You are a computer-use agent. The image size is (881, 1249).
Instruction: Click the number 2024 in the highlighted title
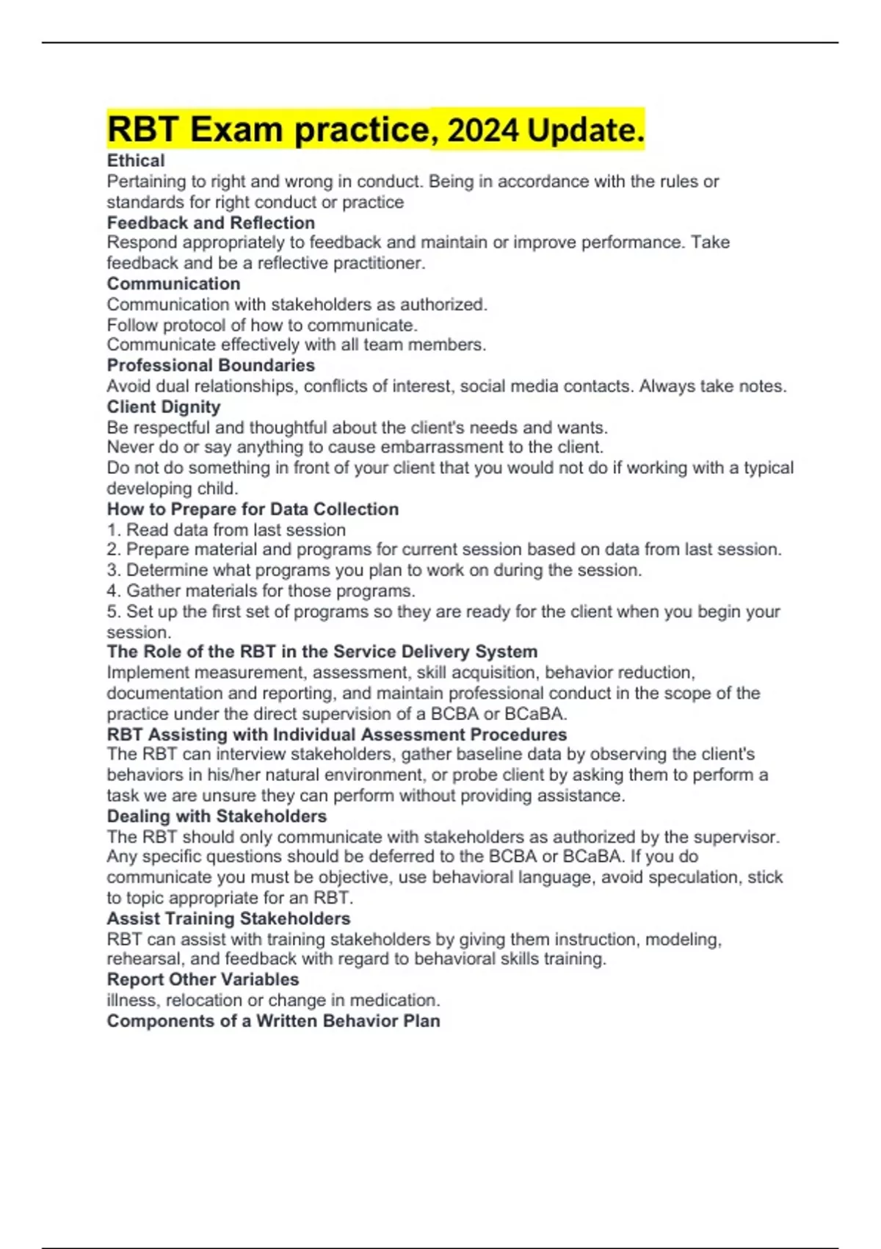pos(482,131)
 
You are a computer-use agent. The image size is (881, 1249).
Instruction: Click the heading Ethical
pos(136,160)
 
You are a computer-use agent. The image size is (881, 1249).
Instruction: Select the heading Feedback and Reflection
pos(211,223)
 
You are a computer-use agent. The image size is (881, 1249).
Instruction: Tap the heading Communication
pos(173,284)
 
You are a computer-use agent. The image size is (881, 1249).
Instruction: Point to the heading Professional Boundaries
pos(211,365)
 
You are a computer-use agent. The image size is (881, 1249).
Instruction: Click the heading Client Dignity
pos(164,407)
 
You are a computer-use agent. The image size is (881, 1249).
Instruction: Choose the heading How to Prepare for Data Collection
pos(253,509)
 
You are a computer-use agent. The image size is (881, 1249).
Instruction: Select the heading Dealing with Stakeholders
pos(217,816)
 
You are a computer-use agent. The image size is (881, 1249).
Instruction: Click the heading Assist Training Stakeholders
pos(228,918)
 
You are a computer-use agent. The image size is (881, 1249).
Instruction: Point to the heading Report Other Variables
pos(203,979)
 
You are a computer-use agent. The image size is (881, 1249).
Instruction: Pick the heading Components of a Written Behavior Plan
pos(273,1021)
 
